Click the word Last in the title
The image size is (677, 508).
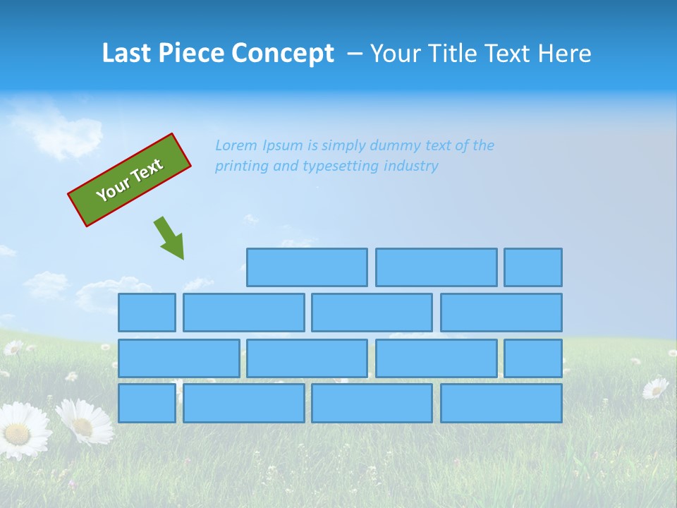tap(128, 53)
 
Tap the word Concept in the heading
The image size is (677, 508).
tap(282, 54)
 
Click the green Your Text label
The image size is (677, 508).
tap(130, 180)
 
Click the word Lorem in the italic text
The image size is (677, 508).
tap(236, 145)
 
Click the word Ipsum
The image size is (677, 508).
tap(283, 145)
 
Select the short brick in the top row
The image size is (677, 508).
tap(533, 267)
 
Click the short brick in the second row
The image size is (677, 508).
tap(147, 312)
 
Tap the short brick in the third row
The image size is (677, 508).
tap(533, 358)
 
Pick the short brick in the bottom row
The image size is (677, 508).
tap(147, 403)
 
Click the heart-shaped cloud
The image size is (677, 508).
tap(59, 138)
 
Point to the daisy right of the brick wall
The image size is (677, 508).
tap(656, 387)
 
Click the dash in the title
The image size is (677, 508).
tap(355, 54)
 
